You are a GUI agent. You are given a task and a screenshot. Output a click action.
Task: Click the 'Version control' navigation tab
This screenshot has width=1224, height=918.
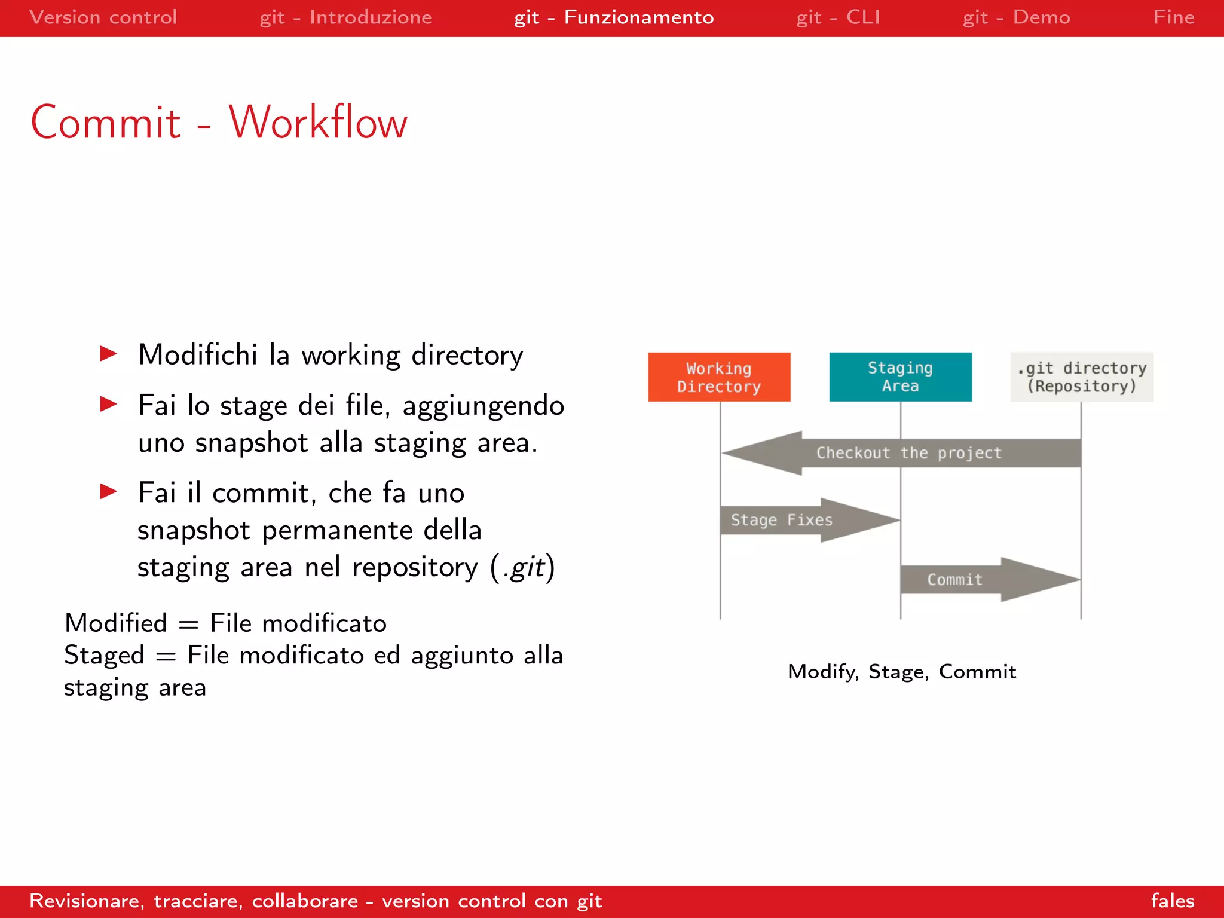103,17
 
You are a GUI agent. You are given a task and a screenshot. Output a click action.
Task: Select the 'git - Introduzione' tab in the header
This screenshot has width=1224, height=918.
345,17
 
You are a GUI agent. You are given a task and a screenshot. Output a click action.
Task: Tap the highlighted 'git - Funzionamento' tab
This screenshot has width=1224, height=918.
614,17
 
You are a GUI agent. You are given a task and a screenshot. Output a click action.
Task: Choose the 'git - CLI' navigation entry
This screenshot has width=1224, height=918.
838,17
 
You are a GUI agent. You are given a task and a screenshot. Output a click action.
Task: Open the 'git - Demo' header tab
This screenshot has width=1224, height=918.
1016,17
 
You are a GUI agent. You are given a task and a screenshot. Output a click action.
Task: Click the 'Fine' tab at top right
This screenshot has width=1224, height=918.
1173,17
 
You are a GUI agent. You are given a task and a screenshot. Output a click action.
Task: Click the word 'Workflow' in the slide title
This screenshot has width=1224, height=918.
318,123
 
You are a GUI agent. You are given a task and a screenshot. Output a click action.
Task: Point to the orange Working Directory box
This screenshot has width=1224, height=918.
719,377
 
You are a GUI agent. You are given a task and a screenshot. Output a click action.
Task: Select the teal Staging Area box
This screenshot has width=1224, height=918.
900,377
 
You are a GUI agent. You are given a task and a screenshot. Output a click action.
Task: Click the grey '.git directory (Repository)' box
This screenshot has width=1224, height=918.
1082,377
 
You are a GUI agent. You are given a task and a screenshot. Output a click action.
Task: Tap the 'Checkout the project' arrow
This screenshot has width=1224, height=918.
908,453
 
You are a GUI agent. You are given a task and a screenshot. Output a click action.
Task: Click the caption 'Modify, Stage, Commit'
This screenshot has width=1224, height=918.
901,672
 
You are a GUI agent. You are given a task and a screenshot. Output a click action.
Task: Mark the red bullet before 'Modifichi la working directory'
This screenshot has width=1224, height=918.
108,354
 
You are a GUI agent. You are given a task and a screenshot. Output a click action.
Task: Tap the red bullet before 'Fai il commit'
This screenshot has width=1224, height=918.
108,492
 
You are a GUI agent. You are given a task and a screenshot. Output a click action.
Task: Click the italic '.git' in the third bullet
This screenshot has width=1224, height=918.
524,567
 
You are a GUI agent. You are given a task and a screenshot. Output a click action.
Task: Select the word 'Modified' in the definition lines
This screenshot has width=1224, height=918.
116,623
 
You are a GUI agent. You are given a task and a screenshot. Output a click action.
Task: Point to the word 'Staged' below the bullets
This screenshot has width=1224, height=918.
104,656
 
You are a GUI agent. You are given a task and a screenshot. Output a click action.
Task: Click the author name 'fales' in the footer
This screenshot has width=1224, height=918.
1172,901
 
